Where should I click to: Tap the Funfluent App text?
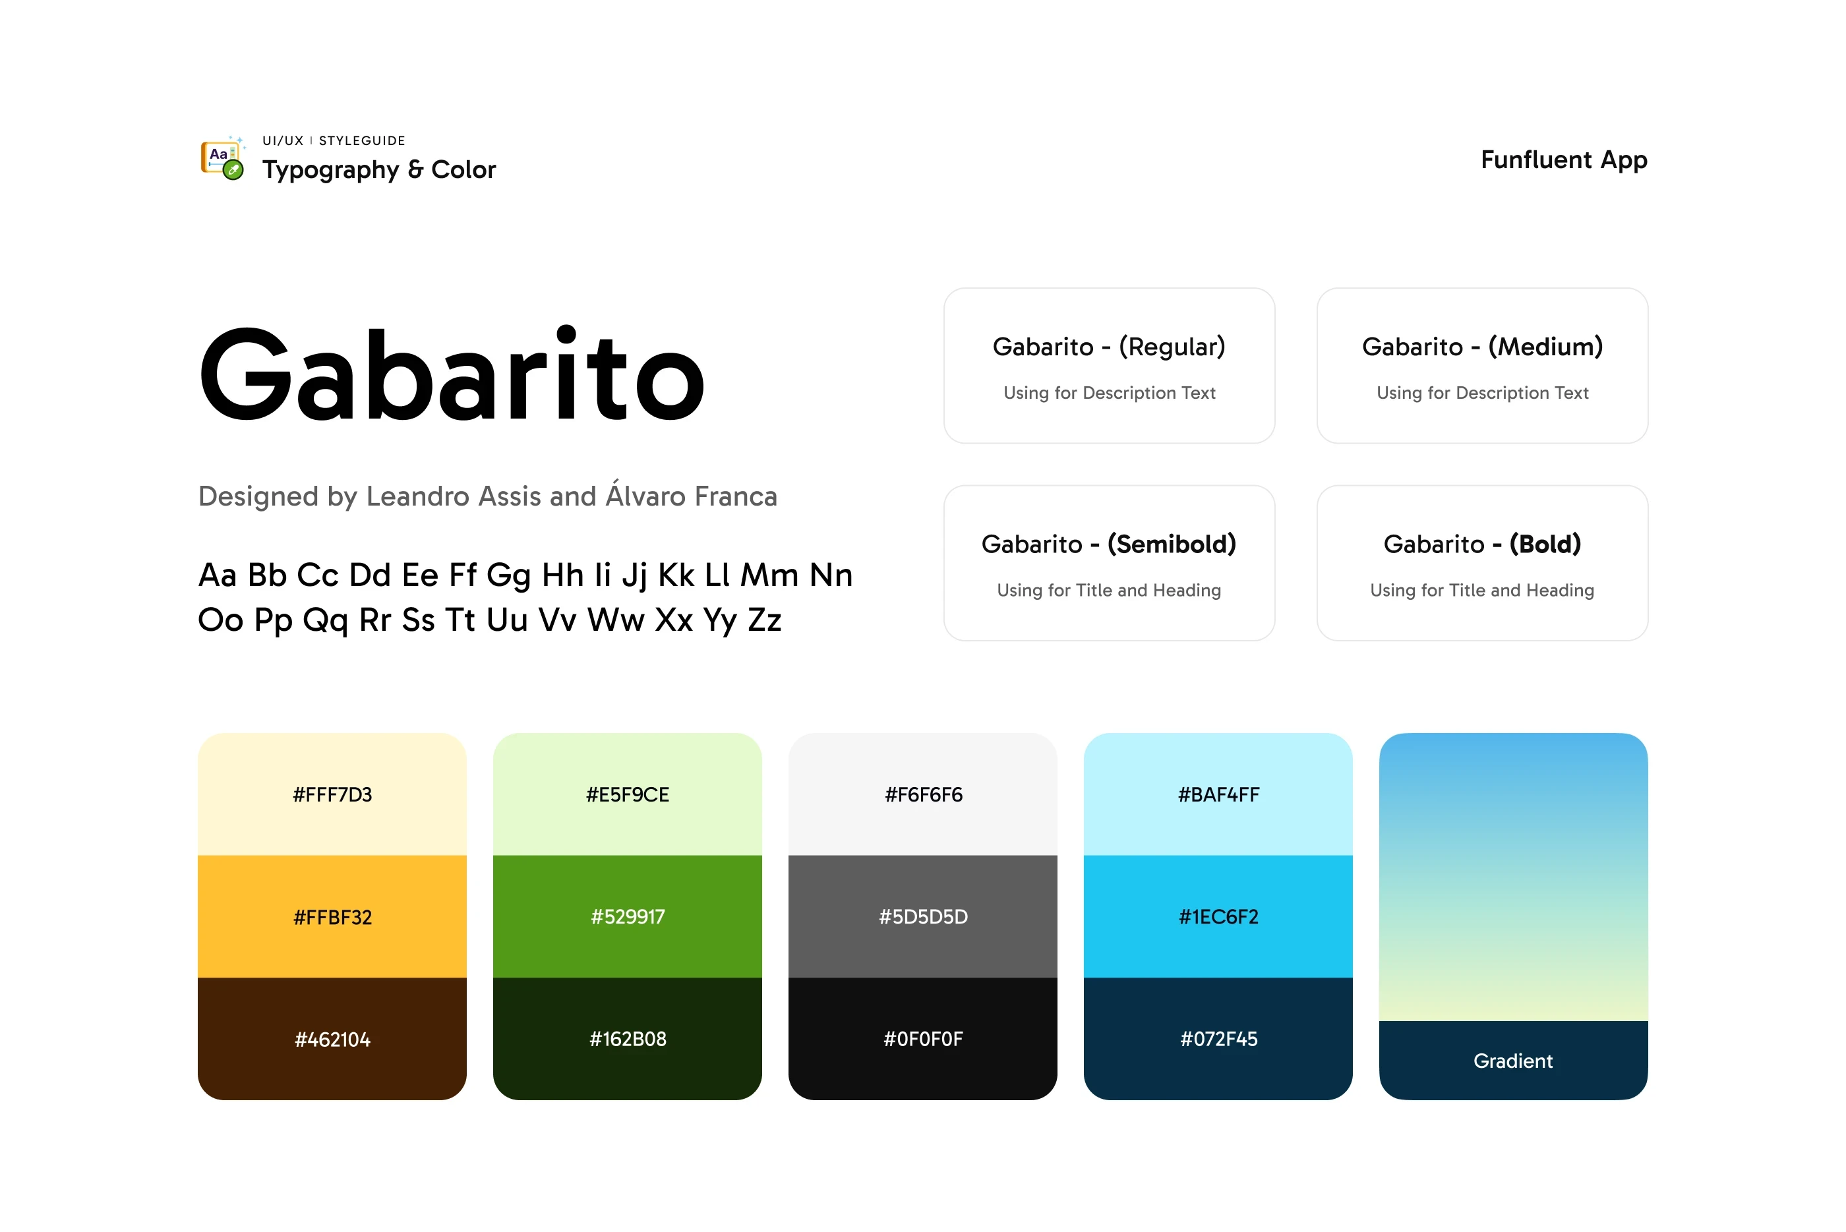(1563, 160)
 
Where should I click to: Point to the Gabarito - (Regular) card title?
(1109, 347)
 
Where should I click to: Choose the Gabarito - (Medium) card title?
(1482, 347)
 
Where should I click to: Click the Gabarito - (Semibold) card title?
(1109, 544)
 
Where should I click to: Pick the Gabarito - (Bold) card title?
(1482, 544)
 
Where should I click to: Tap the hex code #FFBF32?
(332, 917)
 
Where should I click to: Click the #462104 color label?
(332, 1040)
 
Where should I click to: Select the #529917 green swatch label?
(628, 917)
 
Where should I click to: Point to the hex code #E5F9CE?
(628, 794)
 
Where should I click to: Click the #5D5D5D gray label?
(924, 917)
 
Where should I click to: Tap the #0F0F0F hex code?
(924, 1040)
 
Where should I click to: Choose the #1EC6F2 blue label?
(1219, 917)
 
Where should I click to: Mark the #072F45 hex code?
(1219, 1040)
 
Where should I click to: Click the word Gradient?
(1514, 1061)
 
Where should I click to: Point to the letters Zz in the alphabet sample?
(764, 620)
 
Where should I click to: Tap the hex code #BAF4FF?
(1219, 794)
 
